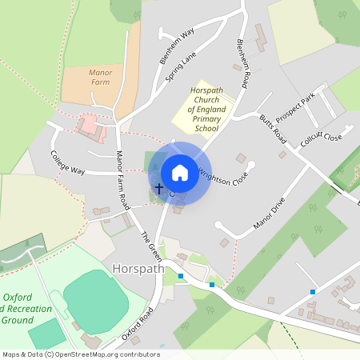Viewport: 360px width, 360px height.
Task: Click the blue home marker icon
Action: pyautogui.click(x=180, y=172)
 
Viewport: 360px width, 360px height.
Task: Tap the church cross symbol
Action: pyautogui.click(x=158, y=190)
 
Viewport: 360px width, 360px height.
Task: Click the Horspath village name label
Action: pyautogui.click(x=138, y=269)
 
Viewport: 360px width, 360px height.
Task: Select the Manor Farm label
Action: pyautogui.click(x=100, y=77)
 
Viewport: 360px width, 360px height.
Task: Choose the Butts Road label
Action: pyautogui.click(x=273, y=129)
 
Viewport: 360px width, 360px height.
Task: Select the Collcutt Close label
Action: pyautogui.click(x=321, y=138)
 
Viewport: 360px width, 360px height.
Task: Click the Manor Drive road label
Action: pyautogui.click(x=269, y=213)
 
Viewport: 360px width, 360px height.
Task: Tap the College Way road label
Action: pyautogui.click(x=67, y=162)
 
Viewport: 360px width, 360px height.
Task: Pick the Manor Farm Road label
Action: pyautogui.click(x=122, y=180)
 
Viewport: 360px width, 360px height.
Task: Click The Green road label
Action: pyautogui.click(x=150, y=245)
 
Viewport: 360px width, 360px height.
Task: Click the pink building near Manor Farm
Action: pyautogui.click(x=86, y=126)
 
